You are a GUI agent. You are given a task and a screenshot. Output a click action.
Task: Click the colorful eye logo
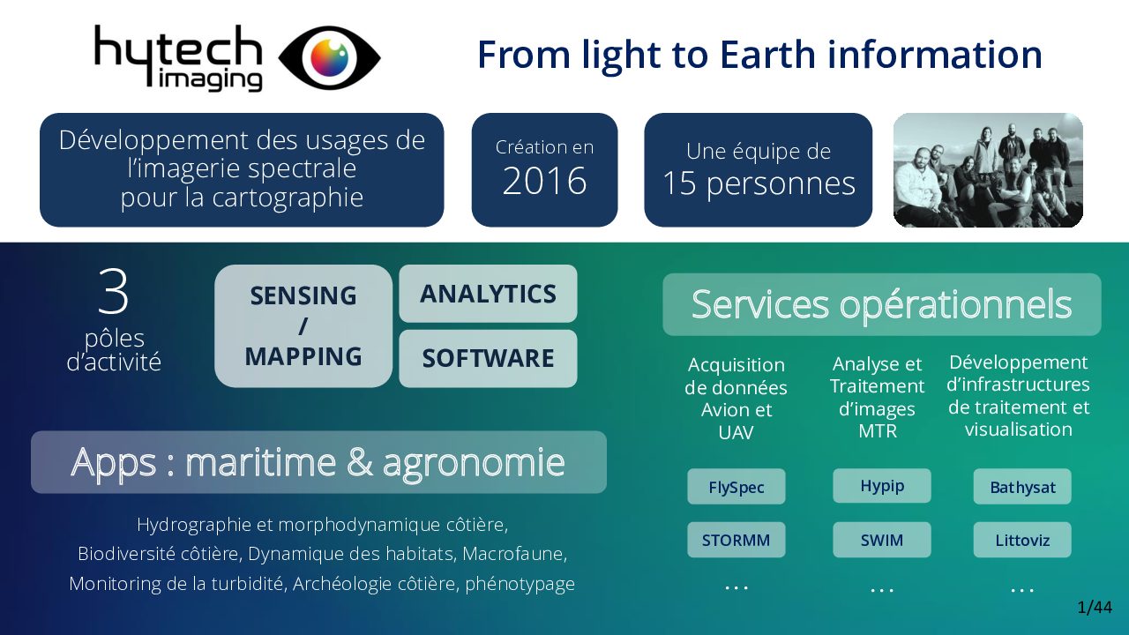click(x=330, y=57)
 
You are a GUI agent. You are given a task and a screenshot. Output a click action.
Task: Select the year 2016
click(x=544, y=181)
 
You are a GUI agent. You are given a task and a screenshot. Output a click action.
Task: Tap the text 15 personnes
click(x=759, y=183)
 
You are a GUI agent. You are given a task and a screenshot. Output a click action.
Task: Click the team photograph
click(x=988, y=170)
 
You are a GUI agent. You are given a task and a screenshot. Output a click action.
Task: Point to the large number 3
click(x=114, y=291)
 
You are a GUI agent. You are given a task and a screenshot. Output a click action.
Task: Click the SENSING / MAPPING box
click(x=303, y=326)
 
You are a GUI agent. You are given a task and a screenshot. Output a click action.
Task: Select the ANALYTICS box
click(x=488, y=294)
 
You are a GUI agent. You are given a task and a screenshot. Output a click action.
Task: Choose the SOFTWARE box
click(x=488, y=358)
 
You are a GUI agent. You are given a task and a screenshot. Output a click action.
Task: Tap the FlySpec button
click(x=736, y=487)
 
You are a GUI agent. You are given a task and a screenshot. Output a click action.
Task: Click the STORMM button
click(x=736, y=540)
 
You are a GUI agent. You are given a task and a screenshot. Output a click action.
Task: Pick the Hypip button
click(x=881, y=486)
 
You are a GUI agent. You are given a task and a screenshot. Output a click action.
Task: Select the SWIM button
click(x=881, y=540)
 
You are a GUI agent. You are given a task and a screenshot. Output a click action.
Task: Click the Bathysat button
click(x=1022, y=487)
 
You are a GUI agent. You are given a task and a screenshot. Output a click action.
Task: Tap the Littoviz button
click(x=1022, y=540)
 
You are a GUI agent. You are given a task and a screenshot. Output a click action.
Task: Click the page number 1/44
click(x=1095, y=608)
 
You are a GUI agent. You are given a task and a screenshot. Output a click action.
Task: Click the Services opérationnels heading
click(x=881, y=304)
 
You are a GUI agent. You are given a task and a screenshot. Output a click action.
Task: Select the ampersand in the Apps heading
click(x=359, y=463)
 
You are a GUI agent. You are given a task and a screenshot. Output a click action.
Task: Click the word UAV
click(x=736, y=432)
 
